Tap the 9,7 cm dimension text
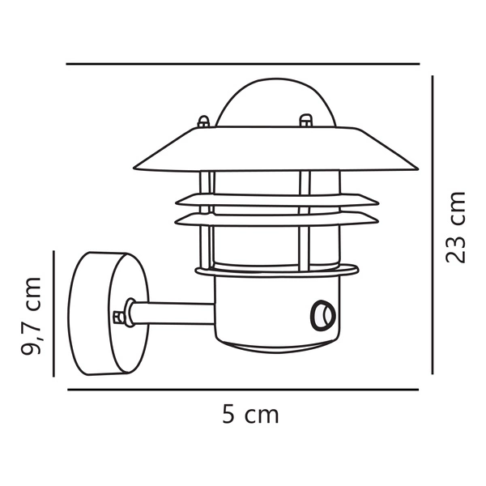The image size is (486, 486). click(x=32, y=316)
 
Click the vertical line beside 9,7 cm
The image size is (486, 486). click(x=53, y=313)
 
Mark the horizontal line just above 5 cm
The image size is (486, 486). click(x=243, y=389)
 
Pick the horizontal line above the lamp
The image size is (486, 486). click(x=243, y=64)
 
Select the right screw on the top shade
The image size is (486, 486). click(x=305, y=121)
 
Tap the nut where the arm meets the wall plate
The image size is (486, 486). click(x=122, y=313)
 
